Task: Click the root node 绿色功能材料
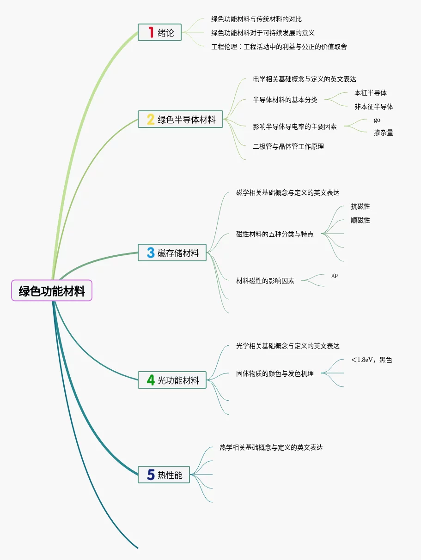click(52, 291)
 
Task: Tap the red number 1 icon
click(151, 32)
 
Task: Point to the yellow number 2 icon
click(151, 120)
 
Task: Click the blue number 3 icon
click(151, 253)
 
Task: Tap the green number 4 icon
click(151, 380)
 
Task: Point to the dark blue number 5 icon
click(151, 475)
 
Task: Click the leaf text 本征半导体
click(371, 93)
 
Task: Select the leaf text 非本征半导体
click(374, 107)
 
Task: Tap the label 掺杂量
click(384, 133)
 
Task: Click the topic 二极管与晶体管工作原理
click(288, 146)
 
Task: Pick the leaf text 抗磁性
click(360, 206)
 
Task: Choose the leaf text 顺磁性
click(360, 220)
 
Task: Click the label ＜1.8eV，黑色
click(372, 360)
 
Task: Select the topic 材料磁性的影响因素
click(265, 280)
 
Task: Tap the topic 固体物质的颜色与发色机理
click(275, 373)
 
